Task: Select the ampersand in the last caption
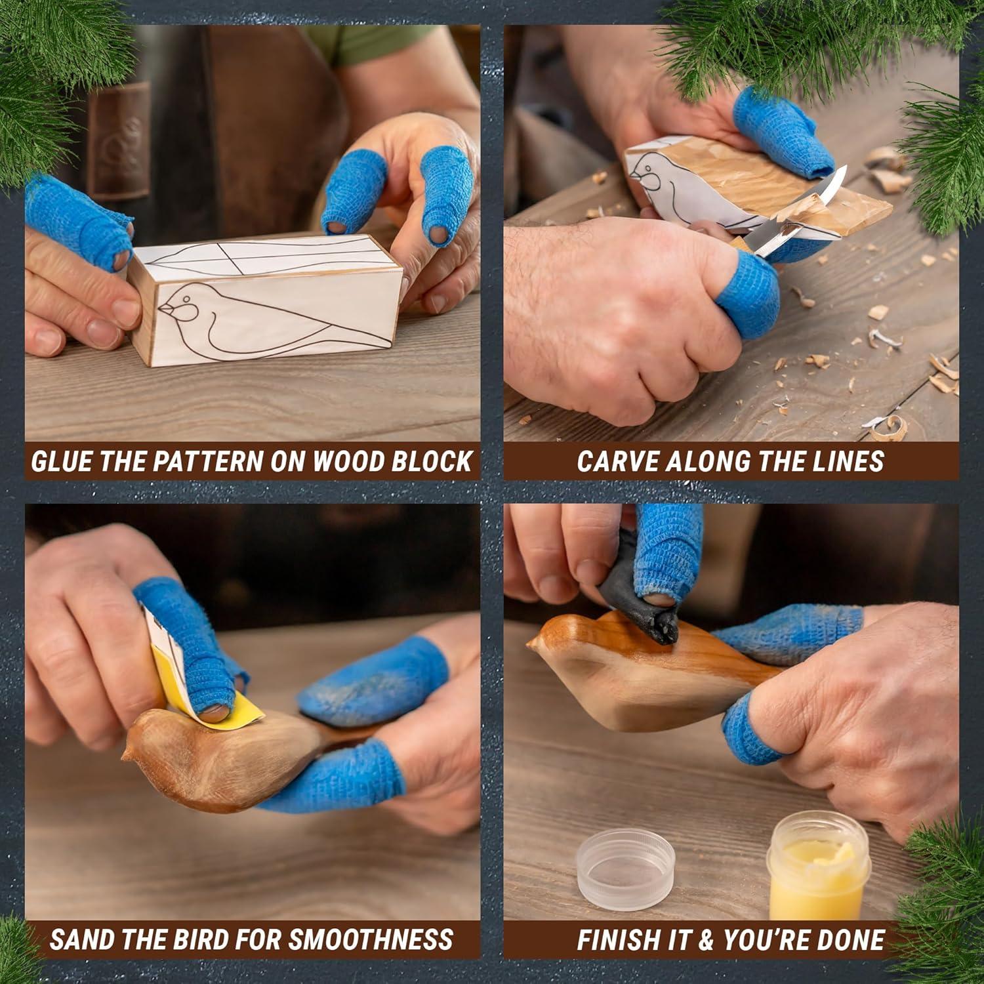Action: (x=705, y=939)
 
